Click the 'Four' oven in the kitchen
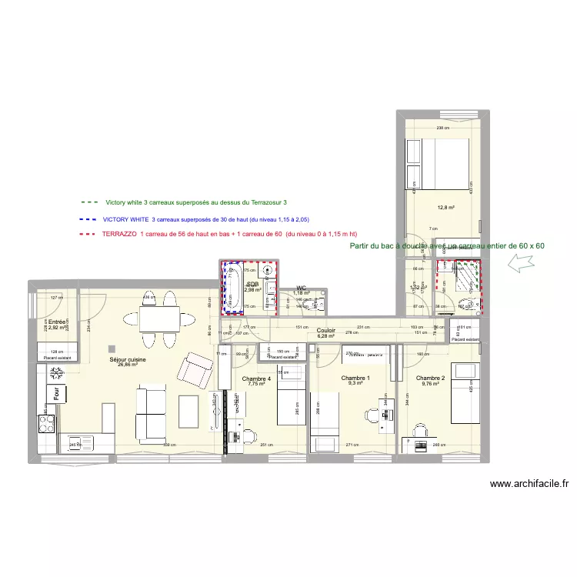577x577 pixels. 56,394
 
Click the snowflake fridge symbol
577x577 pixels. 56,375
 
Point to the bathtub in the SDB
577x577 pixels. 231,289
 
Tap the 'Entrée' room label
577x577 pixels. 57,322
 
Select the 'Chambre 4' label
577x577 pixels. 256,379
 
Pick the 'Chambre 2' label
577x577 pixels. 430,379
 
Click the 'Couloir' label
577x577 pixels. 326,330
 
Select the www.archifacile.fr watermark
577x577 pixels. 529,484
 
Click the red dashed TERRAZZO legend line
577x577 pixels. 87,234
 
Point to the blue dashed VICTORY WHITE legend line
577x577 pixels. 87,219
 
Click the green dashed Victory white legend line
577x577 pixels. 87,202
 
